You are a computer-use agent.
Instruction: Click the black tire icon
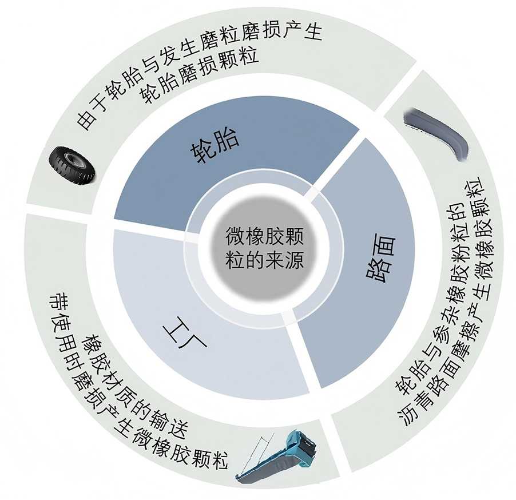[x=72, y=165]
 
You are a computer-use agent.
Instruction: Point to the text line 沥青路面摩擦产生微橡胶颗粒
[x=458, y=309]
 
